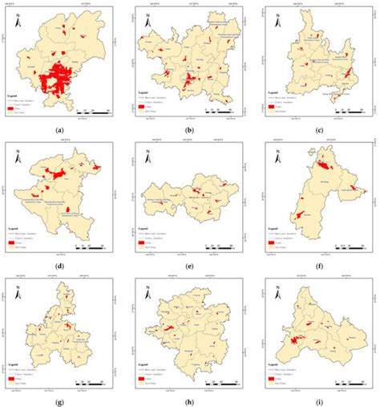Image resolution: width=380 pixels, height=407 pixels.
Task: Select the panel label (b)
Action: [188, 130]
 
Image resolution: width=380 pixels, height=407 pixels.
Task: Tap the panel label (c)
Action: [319, 130]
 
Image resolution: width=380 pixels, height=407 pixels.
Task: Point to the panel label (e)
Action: [188, 264]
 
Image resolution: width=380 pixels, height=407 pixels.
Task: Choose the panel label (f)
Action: [319, 264]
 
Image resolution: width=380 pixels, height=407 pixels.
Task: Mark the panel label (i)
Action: [319, 399]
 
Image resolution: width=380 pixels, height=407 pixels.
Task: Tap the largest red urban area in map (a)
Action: [54, 80]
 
